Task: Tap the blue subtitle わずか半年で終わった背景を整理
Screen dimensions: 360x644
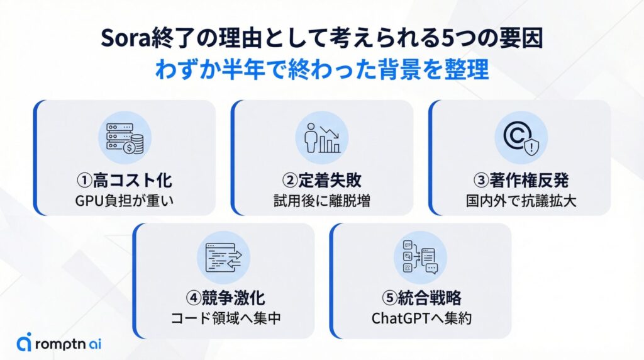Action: pos(321,69)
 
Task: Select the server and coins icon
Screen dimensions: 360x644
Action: pos(125,138)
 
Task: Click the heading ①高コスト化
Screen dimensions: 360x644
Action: pos(125,181)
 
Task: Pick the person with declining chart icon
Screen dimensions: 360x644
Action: pos(322,138)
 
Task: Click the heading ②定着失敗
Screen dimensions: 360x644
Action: pos(322,181)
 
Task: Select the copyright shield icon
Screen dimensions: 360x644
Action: pos(520,138)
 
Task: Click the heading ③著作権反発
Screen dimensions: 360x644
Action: pos(520,181)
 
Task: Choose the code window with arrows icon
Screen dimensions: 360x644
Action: pos(223,257)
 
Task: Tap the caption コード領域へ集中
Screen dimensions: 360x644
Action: pos(223,318)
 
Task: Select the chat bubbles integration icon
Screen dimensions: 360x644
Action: pos(420,257)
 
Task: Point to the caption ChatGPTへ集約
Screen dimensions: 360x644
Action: pos(420,318)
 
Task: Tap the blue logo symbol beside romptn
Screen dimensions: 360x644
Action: pos(24,343)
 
